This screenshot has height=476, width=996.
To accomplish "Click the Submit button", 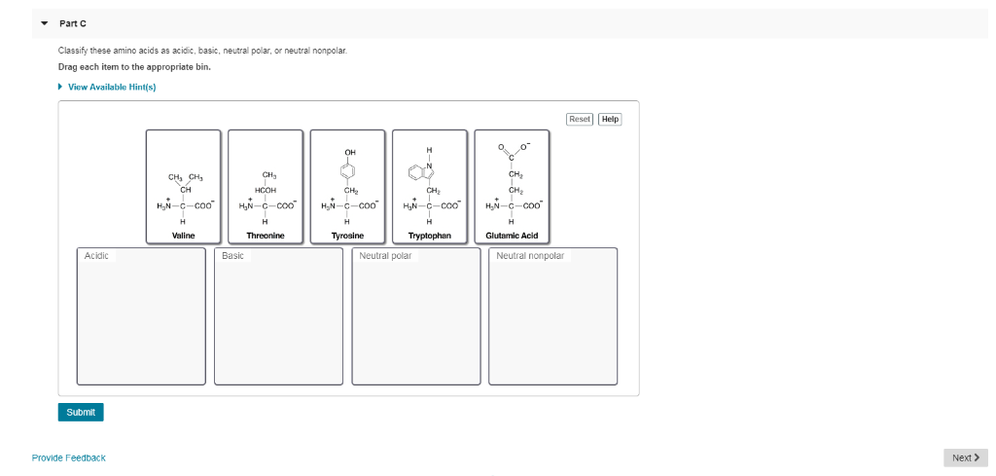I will (81, 412).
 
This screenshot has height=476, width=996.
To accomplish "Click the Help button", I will (610, 119).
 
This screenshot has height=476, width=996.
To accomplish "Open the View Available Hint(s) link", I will (111, 87).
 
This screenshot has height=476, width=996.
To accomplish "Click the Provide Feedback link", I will (68, 458).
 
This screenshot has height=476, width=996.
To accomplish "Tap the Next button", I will (965, 458).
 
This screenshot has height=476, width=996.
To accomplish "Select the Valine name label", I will (183, 236).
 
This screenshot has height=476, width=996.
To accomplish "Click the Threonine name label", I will (266, 236).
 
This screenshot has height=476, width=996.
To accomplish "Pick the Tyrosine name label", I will (347, 236).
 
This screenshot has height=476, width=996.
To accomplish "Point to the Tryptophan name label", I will (429, 236).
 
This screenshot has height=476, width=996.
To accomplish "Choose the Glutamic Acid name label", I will (512, 236).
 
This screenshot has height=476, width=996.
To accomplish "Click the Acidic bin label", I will (96, 256).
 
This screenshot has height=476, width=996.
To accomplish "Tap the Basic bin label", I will (233, 256).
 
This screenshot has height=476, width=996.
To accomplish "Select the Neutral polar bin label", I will (385, 256).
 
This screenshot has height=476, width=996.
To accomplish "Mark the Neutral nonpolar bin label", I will (529, 256).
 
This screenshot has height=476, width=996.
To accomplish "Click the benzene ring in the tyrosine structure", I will (348, 172).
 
